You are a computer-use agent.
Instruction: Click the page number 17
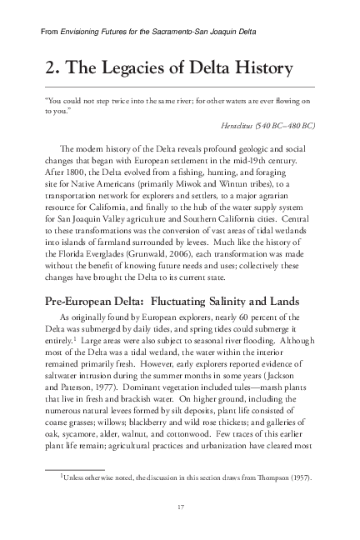point(180,507)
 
